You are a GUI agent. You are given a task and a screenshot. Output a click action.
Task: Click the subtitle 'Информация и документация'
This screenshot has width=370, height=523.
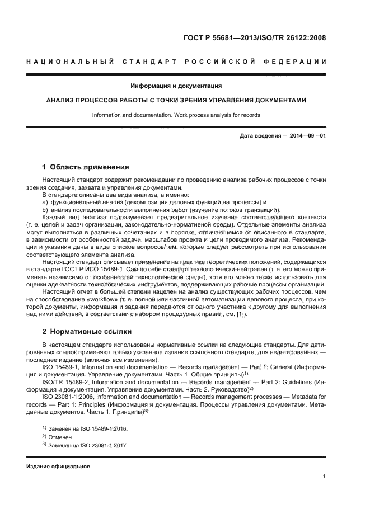tap(176, 86)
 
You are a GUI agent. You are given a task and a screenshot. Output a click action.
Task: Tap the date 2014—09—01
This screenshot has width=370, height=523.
tap(307, 136)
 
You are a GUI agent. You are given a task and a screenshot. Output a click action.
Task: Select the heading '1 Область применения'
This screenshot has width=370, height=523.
tap(86, 167)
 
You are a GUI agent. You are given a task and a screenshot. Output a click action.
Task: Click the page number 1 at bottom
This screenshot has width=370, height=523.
tap(324, 477)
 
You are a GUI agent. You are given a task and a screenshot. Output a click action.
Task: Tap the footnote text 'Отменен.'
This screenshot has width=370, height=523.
tap(61, 436)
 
